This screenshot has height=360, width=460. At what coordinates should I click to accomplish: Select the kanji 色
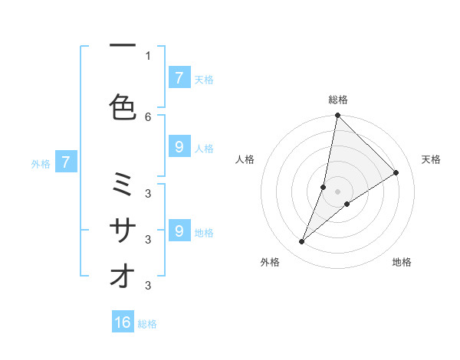coord(123,106)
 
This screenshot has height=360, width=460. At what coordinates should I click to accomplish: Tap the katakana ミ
coord(123,185)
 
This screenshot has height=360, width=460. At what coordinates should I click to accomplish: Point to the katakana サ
coord(123,230)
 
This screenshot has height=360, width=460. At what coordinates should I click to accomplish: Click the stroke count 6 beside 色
coord(148,116)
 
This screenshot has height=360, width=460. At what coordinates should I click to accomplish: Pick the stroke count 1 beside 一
coord(148,55)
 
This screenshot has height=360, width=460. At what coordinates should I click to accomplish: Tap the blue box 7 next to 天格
coord(179,78)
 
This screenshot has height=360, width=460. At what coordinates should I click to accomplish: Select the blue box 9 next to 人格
coord(179,147)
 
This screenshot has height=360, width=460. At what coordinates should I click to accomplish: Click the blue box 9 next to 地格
coord(179,231)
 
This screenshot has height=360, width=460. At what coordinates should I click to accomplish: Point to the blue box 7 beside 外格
coord(67,162)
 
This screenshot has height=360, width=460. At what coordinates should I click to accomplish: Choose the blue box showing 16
coord(123,322)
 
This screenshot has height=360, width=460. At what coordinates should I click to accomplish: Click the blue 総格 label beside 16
coord(147,324)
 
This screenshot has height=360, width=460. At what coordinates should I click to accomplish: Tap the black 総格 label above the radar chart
coord(338,100)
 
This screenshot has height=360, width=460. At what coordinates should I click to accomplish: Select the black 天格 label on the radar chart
coord(431,159)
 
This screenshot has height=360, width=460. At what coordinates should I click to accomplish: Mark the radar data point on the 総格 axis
coord(337,116)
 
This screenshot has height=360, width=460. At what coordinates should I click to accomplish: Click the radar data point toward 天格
coord(396,172)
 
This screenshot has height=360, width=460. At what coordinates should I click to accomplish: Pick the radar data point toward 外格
coord(302,242)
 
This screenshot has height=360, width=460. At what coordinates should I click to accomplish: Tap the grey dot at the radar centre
coord(338,191)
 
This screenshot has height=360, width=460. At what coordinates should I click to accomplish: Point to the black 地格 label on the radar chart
coord(402,262)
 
